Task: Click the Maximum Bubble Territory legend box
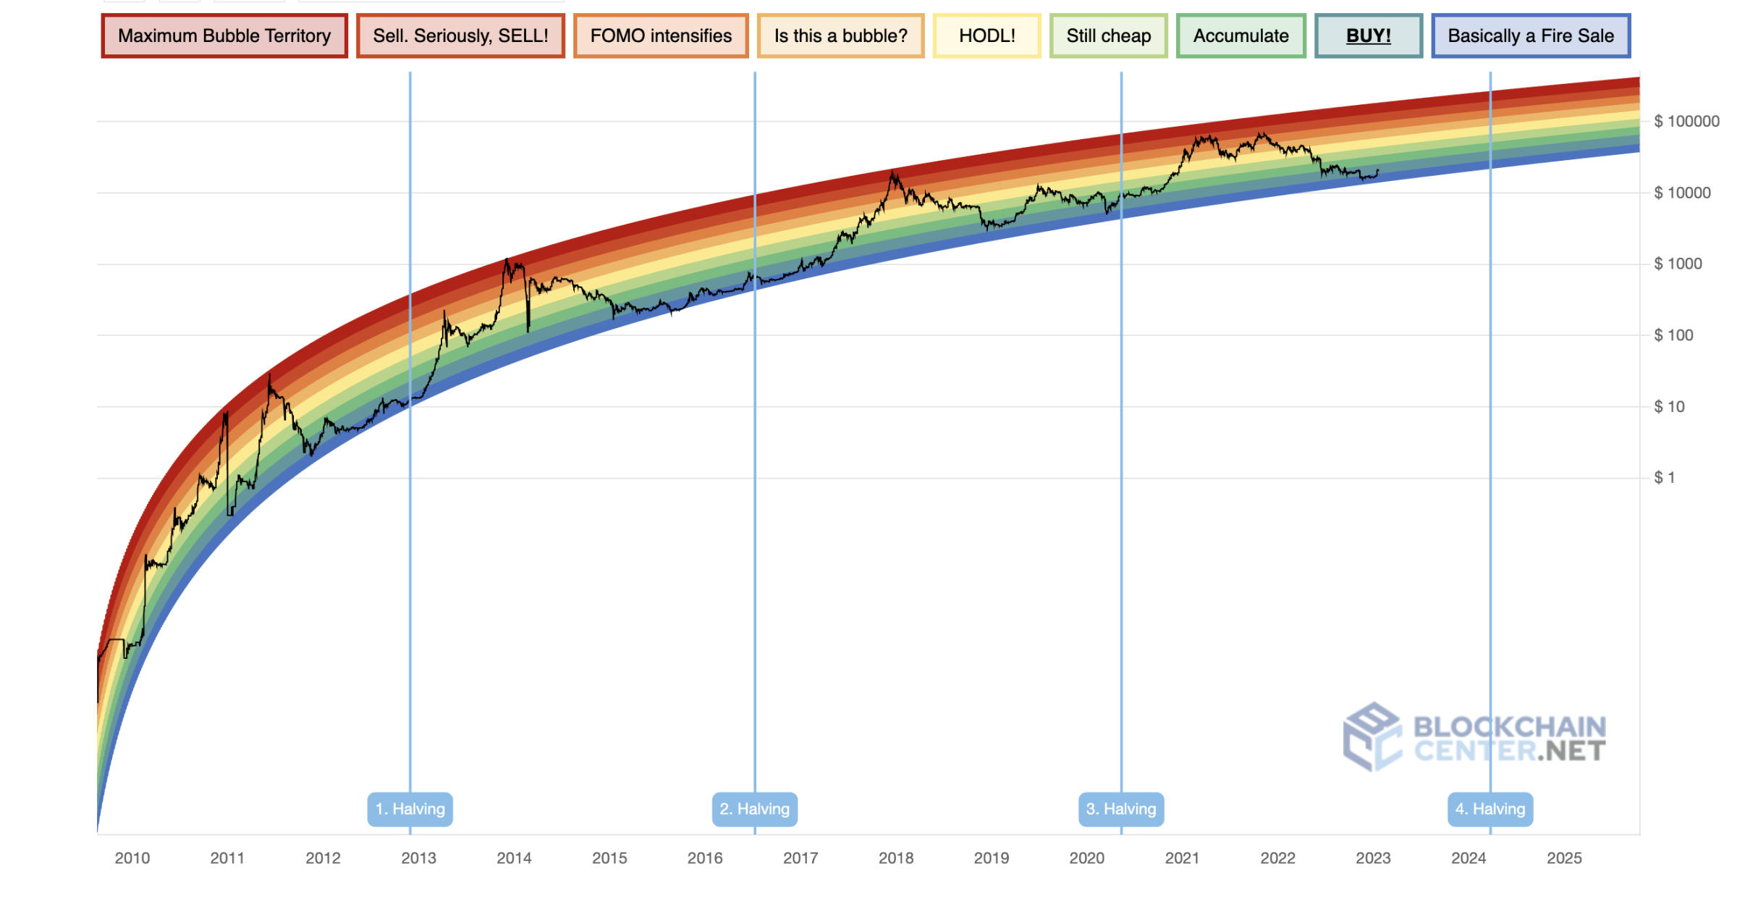pos(224,35)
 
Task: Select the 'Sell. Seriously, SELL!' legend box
pos(460,35)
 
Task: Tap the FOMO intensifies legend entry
pos(661,35)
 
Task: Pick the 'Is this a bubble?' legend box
pos(840,35)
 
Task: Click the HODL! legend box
pos(986,35)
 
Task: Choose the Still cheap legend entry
pos(1108,35)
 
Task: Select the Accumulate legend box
pos(1241,35)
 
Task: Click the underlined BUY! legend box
pos(1368,35)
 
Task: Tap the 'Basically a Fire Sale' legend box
pos(1531,35)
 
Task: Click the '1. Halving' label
pos(410,809)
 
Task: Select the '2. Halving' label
pos(754,809)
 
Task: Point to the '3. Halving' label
pos(1121,809)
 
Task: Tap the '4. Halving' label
pos(1490,809)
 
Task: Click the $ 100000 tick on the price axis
pos(1686,121)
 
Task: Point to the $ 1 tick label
pos(1665,477)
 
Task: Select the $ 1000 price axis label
pos(1678,264)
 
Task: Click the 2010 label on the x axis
pos(132,858)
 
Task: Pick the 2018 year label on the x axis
pos(896,858)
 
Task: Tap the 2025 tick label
pos(1564,858)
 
